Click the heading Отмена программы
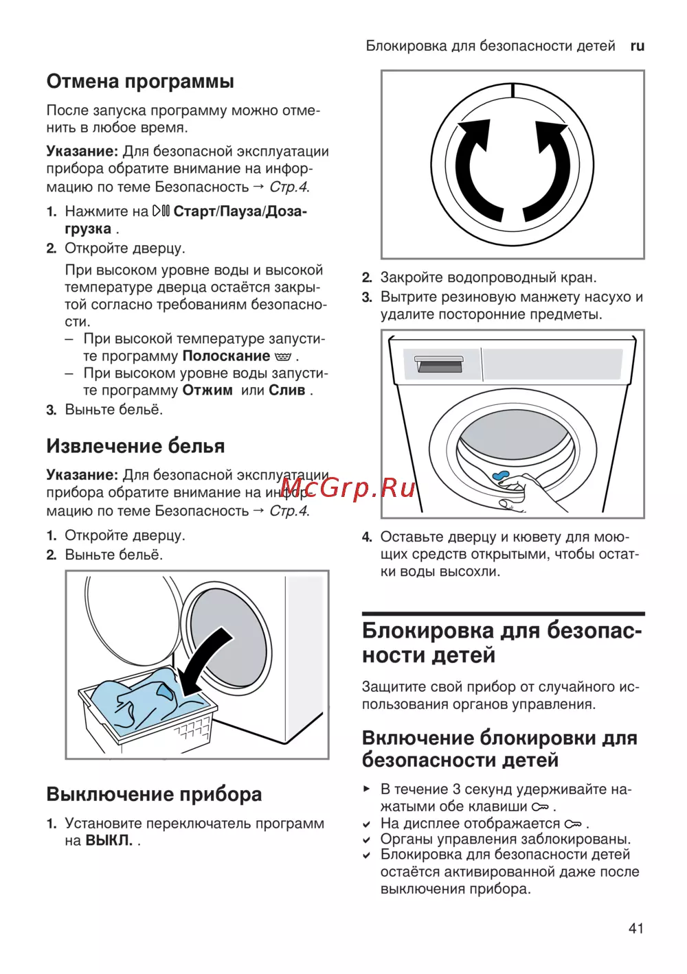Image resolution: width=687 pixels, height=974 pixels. [140, 81]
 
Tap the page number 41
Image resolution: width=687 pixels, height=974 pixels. [636, 928]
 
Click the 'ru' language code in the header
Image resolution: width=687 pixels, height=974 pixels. [637, 46]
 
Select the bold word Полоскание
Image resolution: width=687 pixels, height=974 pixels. [226, 356]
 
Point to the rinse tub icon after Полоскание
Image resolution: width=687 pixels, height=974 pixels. [283, 357]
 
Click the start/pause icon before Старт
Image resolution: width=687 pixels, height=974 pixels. [161, 211]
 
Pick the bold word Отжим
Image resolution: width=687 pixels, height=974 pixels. [207, 390]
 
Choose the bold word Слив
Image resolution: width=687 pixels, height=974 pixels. [287, 390]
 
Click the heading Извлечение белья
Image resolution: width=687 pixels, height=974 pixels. [135, 445]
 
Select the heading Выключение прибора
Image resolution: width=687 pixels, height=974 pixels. [154, 793]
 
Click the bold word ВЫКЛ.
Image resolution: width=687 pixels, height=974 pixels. [109, 840]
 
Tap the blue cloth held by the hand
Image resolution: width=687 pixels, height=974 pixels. [499, 475]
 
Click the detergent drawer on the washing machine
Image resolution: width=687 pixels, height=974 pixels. [440, 364]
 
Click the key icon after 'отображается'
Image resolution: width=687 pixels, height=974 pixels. [572, 824]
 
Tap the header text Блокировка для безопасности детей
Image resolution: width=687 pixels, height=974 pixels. [490, 46]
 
